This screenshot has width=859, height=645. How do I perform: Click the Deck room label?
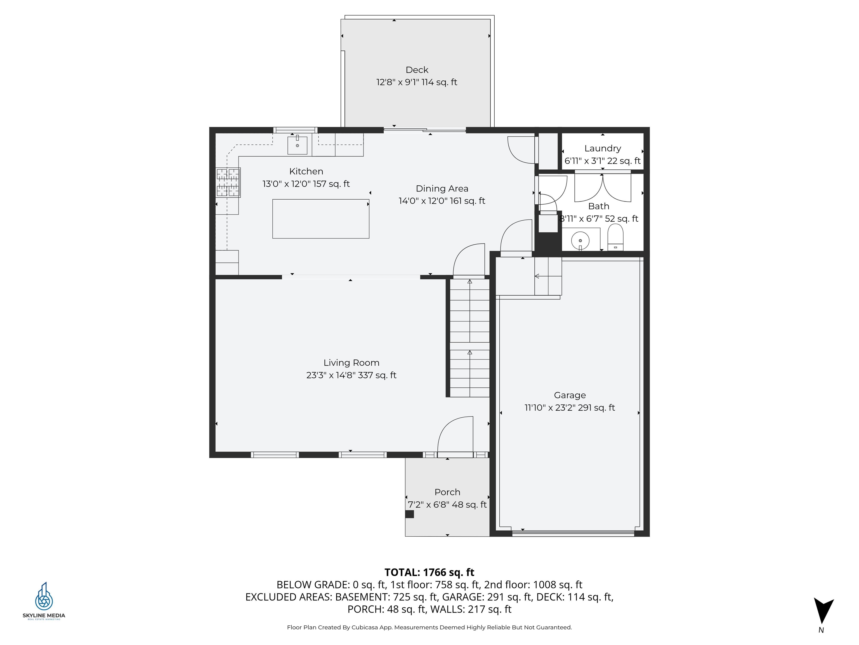pos(417,70)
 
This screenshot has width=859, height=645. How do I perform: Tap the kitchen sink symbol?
pos(297,145)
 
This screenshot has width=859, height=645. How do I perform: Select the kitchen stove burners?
pos(228,182)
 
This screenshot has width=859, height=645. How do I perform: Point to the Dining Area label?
pos(442,189)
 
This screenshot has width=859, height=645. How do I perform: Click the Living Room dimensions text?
pos(351,375)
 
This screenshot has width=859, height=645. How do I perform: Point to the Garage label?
pos(570,395)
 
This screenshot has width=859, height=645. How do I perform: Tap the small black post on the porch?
pos(410,514)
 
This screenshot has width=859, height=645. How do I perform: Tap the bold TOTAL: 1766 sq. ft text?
pos(429,572)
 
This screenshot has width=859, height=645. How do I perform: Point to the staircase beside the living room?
pos(469,338)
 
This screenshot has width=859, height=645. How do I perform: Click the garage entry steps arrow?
pos(537,276)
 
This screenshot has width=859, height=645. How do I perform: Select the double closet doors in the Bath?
pos(602,188)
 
